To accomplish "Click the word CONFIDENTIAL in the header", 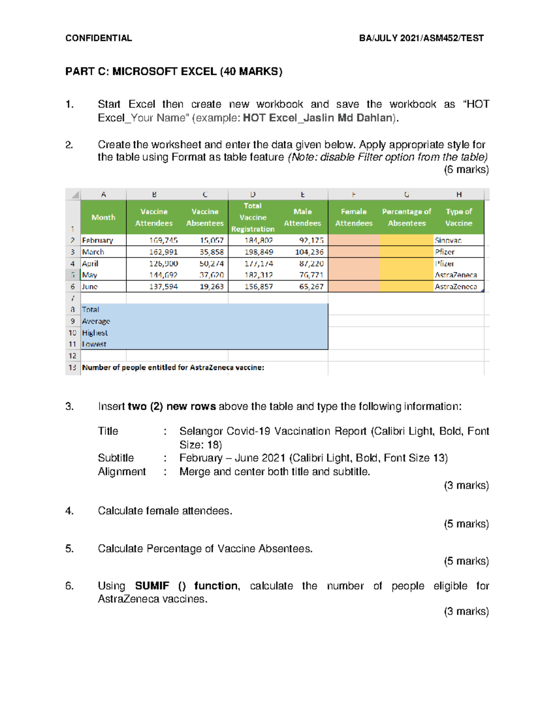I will [x=99, y=38].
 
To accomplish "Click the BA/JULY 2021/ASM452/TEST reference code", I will [x=421, y=38].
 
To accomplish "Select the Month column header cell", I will [x=103, y=217].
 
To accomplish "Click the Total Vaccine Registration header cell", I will [x=253, y=217].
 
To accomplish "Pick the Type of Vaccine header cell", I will [x=458, y=217].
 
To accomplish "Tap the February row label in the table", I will [x=98, y=240].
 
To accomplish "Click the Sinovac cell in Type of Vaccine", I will [x=448, y=240].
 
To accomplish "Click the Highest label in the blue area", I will [x=95, y=333].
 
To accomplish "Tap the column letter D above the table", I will [x=253, y=195].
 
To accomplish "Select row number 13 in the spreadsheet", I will [x=73, y=368].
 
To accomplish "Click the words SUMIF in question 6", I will [x=152, y=586].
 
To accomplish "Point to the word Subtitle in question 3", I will [x=116, y=458].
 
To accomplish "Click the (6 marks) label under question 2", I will [x=466, y=170].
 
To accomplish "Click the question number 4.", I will [x=69, y=511].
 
